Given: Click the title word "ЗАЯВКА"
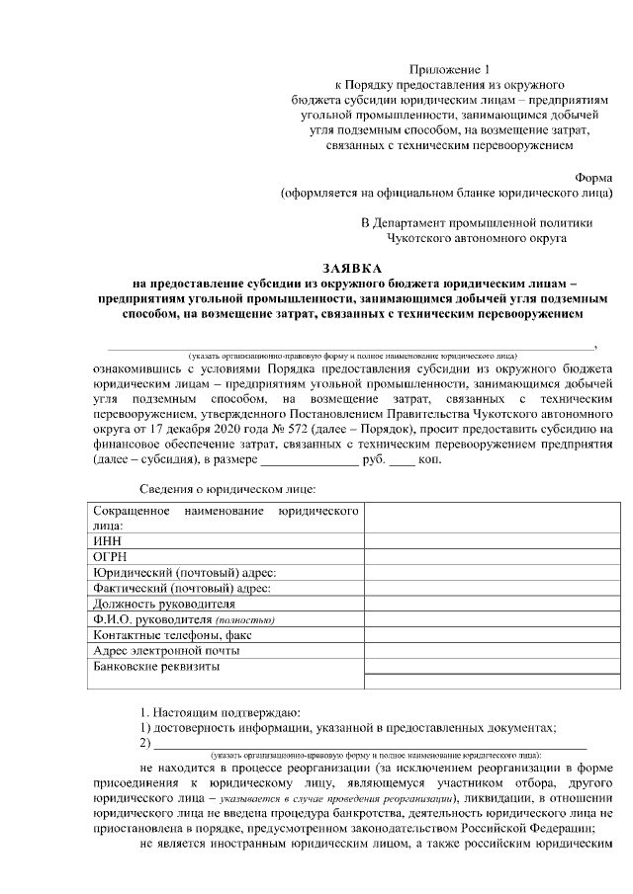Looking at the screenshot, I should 355,269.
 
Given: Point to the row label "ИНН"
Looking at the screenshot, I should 106,542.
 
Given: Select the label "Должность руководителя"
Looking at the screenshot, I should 163,604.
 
